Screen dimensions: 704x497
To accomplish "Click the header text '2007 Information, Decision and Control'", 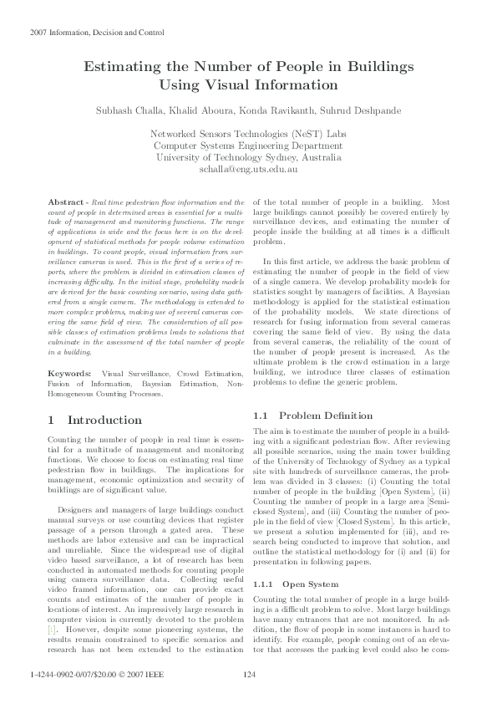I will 97,33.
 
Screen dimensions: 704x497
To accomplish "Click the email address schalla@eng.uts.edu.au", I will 248,169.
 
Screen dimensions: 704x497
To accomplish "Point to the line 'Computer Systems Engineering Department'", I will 248,145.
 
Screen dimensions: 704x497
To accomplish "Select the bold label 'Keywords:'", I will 69,371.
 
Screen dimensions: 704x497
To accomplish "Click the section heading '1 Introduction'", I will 95,420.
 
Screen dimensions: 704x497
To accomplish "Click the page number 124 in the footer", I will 248,675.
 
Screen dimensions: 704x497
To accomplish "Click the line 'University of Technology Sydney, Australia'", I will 248,157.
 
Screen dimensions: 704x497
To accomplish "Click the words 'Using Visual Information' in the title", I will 248,84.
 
